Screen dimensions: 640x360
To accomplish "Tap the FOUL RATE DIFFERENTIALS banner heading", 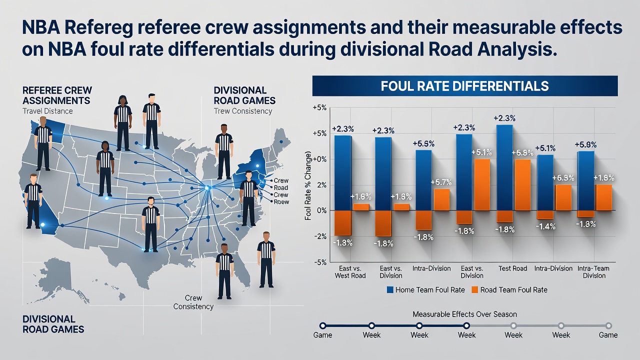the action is click(464, 86).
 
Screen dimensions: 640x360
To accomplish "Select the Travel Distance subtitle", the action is click(47, 111).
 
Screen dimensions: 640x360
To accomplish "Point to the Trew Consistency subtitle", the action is click(243, 111).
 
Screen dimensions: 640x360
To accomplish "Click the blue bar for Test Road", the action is click(505, 167).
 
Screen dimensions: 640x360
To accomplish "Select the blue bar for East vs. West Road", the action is click(343, 173).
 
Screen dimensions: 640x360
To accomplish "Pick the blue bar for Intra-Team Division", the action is click(585, 181).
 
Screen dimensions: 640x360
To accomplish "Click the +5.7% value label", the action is click(441, 182).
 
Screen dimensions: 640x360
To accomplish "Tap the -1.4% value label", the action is click(545, 226).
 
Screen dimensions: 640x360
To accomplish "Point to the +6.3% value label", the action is click(563, 178).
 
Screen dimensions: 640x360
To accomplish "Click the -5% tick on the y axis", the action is click(319, 262).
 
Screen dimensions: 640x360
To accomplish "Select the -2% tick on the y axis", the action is click(320, 236).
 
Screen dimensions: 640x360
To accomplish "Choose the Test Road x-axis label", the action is click(512, 268).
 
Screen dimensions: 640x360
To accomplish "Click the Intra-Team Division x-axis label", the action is click(594, 272).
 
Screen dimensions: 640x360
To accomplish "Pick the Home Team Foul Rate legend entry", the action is click(425, 289).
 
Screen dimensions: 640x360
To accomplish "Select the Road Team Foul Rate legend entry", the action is click(509, 289).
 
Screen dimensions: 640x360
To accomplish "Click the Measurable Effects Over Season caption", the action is click(465, 314).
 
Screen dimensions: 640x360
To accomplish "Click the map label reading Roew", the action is click(281, 201).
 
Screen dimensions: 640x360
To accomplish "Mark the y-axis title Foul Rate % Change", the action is click(307, 186).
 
